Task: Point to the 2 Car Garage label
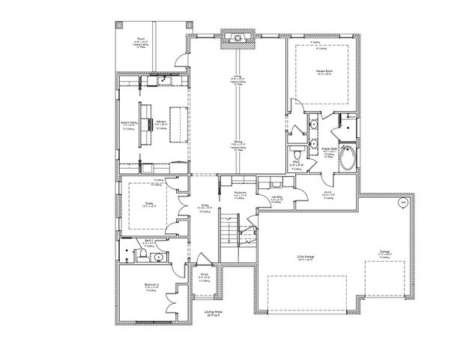303,259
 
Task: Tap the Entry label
205,207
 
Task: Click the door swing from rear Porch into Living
178,62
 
